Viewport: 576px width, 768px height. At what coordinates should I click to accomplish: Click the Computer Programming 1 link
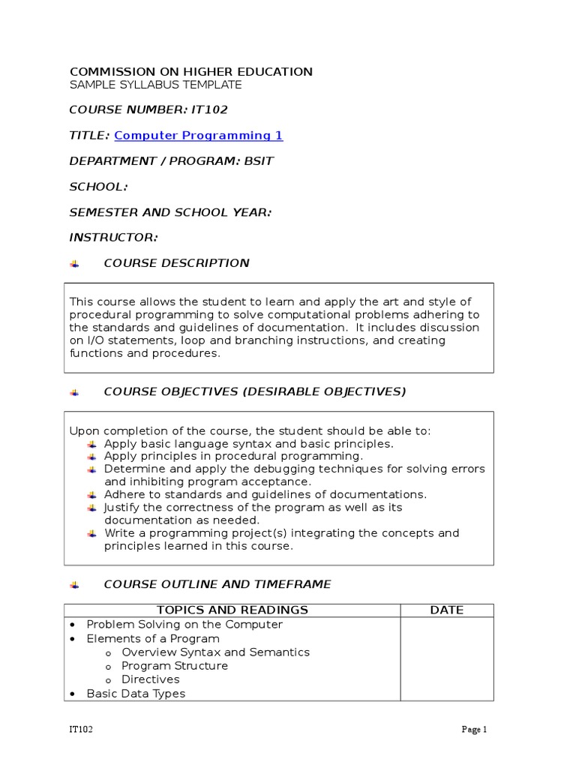198,136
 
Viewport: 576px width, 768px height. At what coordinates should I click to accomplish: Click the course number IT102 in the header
210,110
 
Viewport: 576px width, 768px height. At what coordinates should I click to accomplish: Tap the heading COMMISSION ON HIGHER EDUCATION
190,72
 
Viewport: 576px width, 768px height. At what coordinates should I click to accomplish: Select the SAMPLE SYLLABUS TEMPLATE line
155,85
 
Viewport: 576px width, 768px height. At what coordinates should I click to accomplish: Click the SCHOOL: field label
98,187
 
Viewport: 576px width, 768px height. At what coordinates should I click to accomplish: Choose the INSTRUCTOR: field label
113,238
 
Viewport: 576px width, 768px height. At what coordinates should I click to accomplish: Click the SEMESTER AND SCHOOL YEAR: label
170,212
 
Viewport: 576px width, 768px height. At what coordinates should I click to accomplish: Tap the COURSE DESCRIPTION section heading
176,263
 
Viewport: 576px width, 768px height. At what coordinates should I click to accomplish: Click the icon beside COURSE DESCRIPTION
74,264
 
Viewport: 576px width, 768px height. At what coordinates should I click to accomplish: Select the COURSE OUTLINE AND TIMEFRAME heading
217,584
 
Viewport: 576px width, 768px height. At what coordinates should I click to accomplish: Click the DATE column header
446,610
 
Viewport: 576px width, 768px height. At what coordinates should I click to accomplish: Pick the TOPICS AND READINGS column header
232,610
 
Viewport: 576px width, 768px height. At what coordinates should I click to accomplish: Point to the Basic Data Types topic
136,694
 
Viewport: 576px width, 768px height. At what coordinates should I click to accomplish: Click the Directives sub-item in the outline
150,679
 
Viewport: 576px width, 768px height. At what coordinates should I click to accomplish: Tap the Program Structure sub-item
174,666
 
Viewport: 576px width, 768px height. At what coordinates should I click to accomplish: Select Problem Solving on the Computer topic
184,625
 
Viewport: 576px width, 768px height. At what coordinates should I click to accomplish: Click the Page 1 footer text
474,730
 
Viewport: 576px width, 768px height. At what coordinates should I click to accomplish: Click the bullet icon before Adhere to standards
91,495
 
